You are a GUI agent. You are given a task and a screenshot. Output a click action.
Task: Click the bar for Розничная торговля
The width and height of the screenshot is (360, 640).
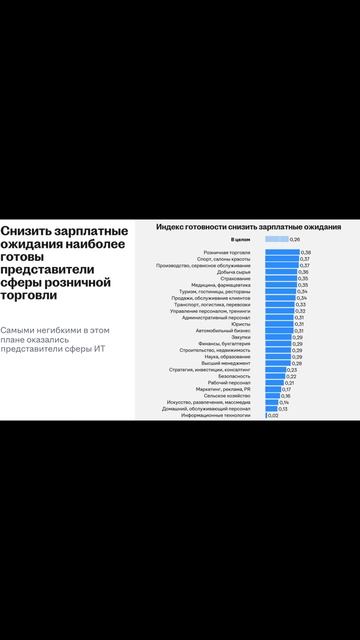282,252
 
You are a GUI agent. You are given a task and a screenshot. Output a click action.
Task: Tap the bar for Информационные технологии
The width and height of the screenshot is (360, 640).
266,415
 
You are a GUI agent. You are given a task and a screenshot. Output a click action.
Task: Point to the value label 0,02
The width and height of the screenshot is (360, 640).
273,415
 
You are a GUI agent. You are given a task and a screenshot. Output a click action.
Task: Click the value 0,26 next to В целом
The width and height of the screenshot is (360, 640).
295,240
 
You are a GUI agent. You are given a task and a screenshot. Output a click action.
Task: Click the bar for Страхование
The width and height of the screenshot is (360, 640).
281,278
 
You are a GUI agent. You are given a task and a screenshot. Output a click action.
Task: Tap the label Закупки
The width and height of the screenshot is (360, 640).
251,337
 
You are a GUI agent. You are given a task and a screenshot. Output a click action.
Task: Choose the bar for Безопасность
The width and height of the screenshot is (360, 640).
275,376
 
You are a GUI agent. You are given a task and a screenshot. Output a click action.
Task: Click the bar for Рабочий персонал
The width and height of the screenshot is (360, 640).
274,383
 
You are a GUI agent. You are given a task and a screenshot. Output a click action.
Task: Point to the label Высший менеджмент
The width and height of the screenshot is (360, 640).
236,363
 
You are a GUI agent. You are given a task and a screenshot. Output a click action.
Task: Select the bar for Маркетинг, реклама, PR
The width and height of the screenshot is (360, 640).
273,389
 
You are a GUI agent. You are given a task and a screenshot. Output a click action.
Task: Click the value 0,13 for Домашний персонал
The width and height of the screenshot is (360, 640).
283,409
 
